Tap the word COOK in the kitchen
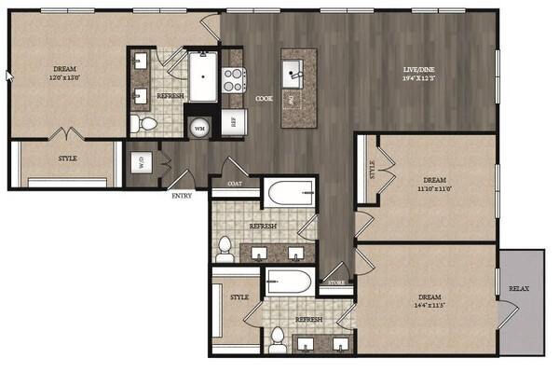[x=264, y=97]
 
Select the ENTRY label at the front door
[x=183, y=196]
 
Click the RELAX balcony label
[x=519, y=289]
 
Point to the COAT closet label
[x=230, y=185]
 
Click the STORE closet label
[x=336, y=282]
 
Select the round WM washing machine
[x=199, y=128]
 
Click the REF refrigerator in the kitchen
[x=232, y=120]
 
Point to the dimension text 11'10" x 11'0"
[x=436, y=187]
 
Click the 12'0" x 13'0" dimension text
[x=65, y=78]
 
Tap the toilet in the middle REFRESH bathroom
[x=225, y=249]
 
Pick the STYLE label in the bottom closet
[x=239, y=297]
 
